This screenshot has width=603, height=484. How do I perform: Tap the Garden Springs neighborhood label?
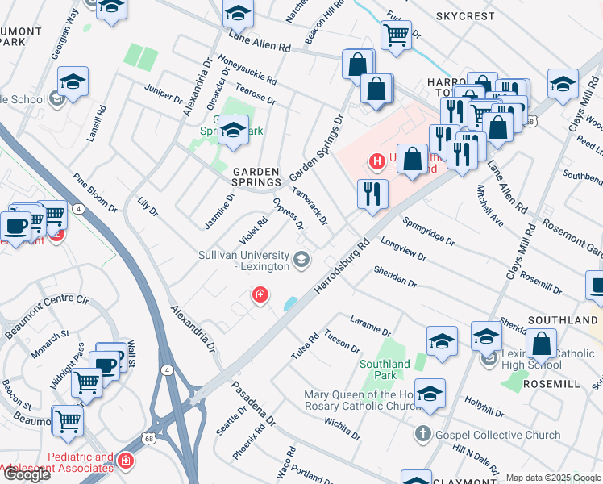pyautogui.click(x=256, y=177)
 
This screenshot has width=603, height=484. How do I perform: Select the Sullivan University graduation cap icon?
pyautogui.click(x=301, y=259)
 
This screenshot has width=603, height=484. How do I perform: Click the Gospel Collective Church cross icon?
pyautogui.click(x=422, y=435)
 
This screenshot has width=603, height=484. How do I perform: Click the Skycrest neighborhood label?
pyautogui.click(x=466, y=15)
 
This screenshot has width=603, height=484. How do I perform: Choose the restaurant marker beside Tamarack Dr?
pyautogui.click(x=372, y=194)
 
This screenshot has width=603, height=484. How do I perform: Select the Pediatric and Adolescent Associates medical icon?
pyautogui.click(x=125, y=461)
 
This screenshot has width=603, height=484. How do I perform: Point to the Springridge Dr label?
pyautogui.click(x=429, y=231)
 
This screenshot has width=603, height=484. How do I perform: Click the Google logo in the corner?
pyautogui.click(x=27, y=474)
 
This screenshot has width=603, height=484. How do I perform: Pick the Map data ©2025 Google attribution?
pyautogui.click(x=553, y=478)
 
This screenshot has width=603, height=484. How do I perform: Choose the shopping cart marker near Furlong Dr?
pyautogui.click(x=396, y=35)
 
